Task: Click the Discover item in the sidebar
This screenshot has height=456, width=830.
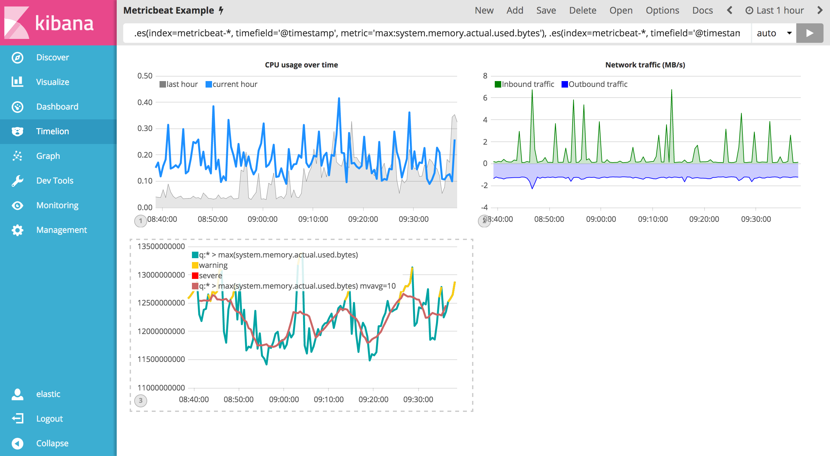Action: (x=52, y=57)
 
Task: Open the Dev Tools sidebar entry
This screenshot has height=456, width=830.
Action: (x=54, y=181)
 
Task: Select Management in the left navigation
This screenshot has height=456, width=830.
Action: (x=61, y=230)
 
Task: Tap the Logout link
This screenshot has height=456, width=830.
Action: (x=49, y=419)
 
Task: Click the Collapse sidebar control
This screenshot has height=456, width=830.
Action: (x=52, y=443)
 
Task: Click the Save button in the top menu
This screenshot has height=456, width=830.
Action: (x=546, y=10)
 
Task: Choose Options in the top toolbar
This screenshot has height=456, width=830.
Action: (x=662, y=10)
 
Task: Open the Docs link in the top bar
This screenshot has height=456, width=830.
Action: (x=702, y=10)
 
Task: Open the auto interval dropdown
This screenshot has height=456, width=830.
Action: (x=774, y=33)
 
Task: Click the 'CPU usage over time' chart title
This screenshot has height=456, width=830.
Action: (x=301, y=65)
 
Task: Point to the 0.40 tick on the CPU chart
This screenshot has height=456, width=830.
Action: (x=145, y=102)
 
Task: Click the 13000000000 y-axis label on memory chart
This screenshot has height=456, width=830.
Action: (x=161, y=275)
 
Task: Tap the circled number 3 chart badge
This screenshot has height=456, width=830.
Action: (x=141, y=401)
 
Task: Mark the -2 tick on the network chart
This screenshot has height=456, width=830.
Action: (x=484, y=186)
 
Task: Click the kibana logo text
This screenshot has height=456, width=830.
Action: (x=64, y=23)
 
